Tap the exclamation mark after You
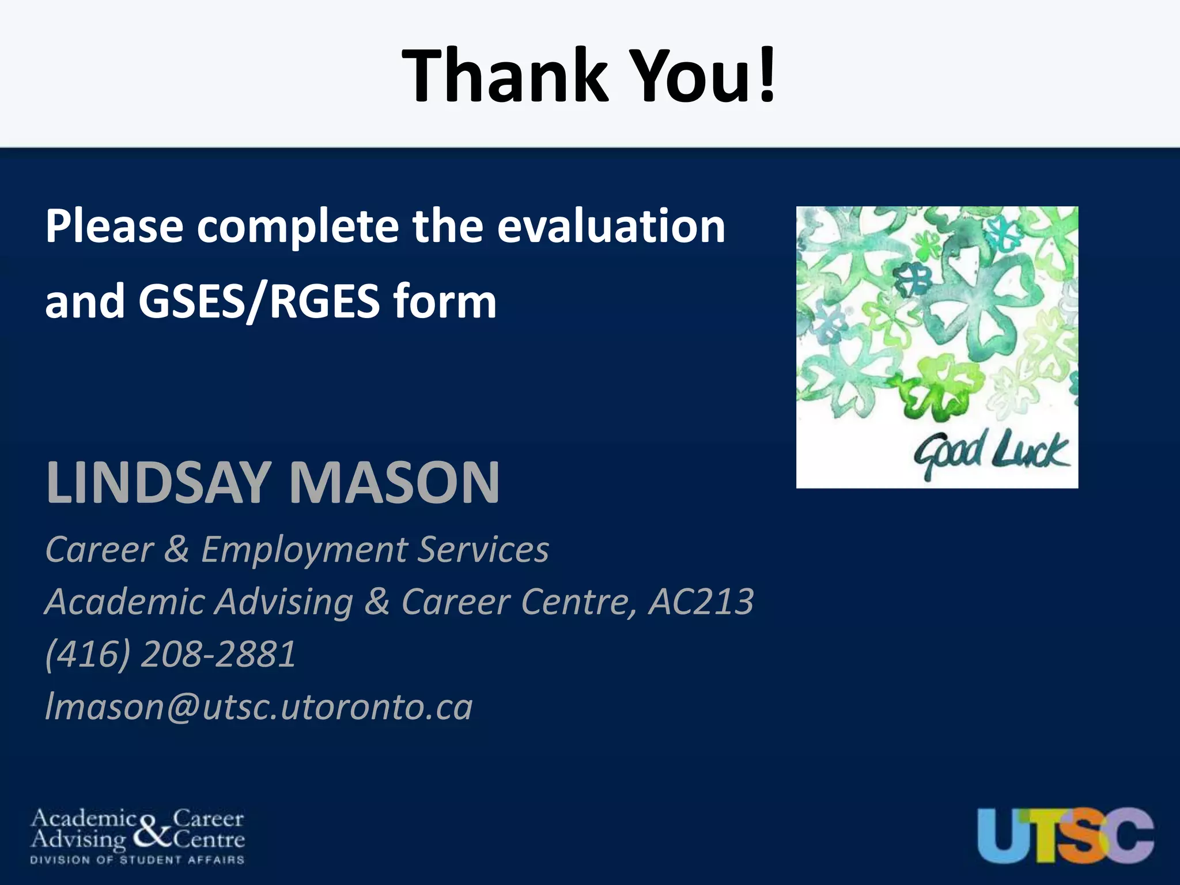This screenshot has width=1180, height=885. click(x=766, y=76)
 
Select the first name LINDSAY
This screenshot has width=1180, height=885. click(x=158, y=483)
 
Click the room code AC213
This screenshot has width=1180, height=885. click(x=701, y=602)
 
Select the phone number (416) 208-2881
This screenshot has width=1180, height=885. click(x=171, y=655)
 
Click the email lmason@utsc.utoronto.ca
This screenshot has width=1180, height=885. click(x=259, y=707)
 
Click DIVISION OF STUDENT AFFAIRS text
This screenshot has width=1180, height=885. click(x=137, y=860)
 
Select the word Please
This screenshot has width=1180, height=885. click(x=114, y=226)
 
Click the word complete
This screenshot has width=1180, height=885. click(x=297, y=226)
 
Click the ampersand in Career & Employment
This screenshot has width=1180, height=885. click(x=176, y=550)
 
